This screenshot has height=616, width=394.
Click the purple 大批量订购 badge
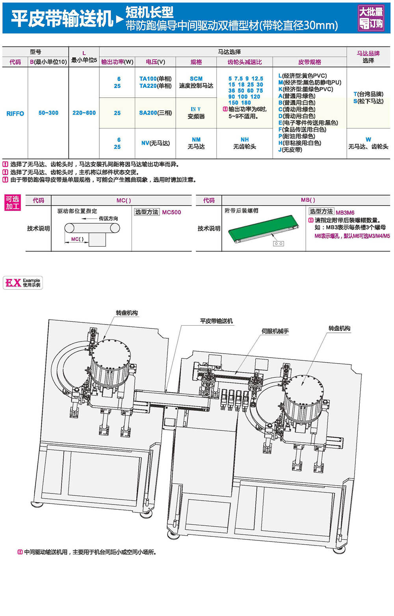point(370,17)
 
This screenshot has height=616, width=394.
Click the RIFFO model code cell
point(15,113)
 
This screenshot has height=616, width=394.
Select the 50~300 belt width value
point(48,113)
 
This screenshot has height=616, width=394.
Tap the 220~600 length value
point(84,113)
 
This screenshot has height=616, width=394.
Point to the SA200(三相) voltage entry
point(155,113)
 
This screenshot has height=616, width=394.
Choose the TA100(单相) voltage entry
point(155,79)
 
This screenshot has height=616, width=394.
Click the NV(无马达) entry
point(155,143)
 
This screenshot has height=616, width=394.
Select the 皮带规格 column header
point(309,62)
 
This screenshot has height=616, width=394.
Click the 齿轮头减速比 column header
point(244,62)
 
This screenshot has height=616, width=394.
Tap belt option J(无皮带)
point(290,150)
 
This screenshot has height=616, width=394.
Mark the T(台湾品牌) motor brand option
point(368,94)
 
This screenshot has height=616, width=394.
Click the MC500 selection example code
point(171,212)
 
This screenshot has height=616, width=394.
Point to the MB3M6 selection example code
point(345,213)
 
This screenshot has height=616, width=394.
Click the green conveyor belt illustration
point(262,228)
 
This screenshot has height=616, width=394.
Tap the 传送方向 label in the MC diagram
point(108,219)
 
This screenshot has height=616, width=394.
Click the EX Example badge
point(23,283)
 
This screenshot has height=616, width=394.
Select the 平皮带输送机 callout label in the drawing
point(216,321)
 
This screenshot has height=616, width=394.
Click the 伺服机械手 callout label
point(275,331)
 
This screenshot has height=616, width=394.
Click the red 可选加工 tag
point(13,203)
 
